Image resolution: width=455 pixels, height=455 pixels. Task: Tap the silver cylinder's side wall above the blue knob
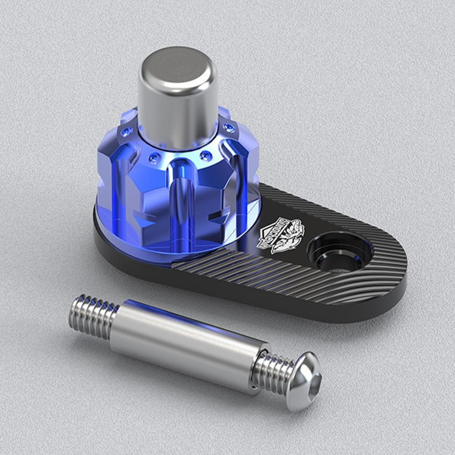pos(177,109)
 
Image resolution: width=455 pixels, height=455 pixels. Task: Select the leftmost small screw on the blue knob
pos(126,132)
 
